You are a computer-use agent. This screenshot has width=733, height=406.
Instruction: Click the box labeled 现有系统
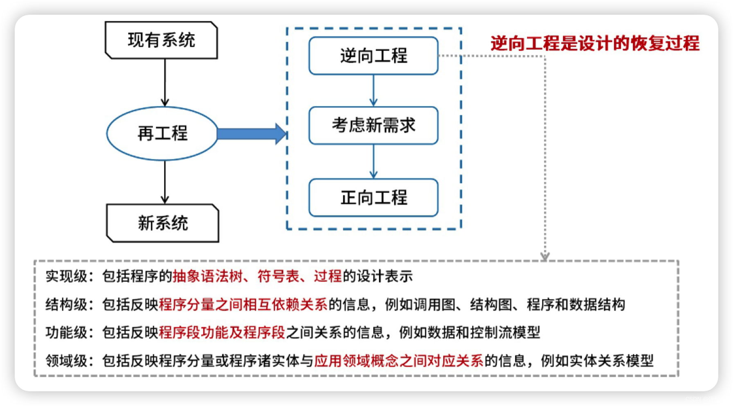point(161,40)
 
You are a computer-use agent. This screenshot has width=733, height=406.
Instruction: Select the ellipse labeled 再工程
point(162,133)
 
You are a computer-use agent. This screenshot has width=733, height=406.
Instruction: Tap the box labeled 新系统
point(162,223)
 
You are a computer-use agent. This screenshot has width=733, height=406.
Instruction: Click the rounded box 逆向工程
point(373,56)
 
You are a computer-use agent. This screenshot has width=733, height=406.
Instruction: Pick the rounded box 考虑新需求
point(373,125)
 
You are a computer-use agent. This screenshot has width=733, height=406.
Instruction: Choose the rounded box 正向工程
point(373,198)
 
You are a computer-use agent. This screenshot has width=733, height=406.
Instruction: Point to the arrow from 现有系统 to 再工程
point(165,82)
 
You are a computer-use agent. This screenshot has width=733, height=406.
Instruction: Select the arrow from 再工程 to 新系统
point(165,182)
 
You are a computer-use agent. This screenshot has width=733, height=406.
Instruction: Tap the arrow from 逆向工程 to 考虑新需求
point(373,90)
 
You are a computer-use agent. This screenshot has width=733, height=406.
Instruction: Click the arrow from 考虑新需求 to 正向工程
point(373,161)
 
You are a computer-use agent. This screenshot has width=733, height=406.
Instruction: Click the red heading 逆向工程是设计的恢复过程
point(595,43)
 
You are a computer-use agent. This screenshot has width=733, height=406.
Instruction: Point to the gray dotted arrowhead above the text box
point(545,256)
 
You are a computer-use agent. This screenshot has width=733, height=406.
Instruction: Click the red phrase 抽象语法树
point(207,276)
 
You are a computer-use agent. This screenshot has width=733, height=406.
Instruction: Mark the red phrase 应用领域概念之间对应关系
point(399,361)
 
